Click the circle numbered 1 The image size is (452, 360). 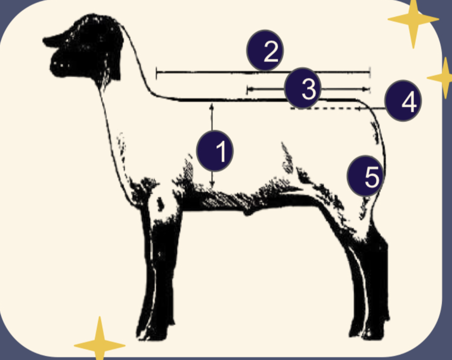(215, 151)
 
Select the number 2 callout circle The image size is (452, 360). (265, 50)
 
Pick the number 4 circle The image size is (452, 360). (403, 101)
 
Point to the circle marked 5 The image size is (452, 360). (365, 176)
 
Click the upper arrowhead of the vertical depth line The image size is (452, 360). (212, 106)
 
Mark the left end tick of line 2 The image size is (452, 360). (157, 73)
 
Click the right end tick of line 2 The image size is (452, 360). (370, 73)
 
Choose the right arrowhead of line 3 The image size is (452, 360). (367, 89)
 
